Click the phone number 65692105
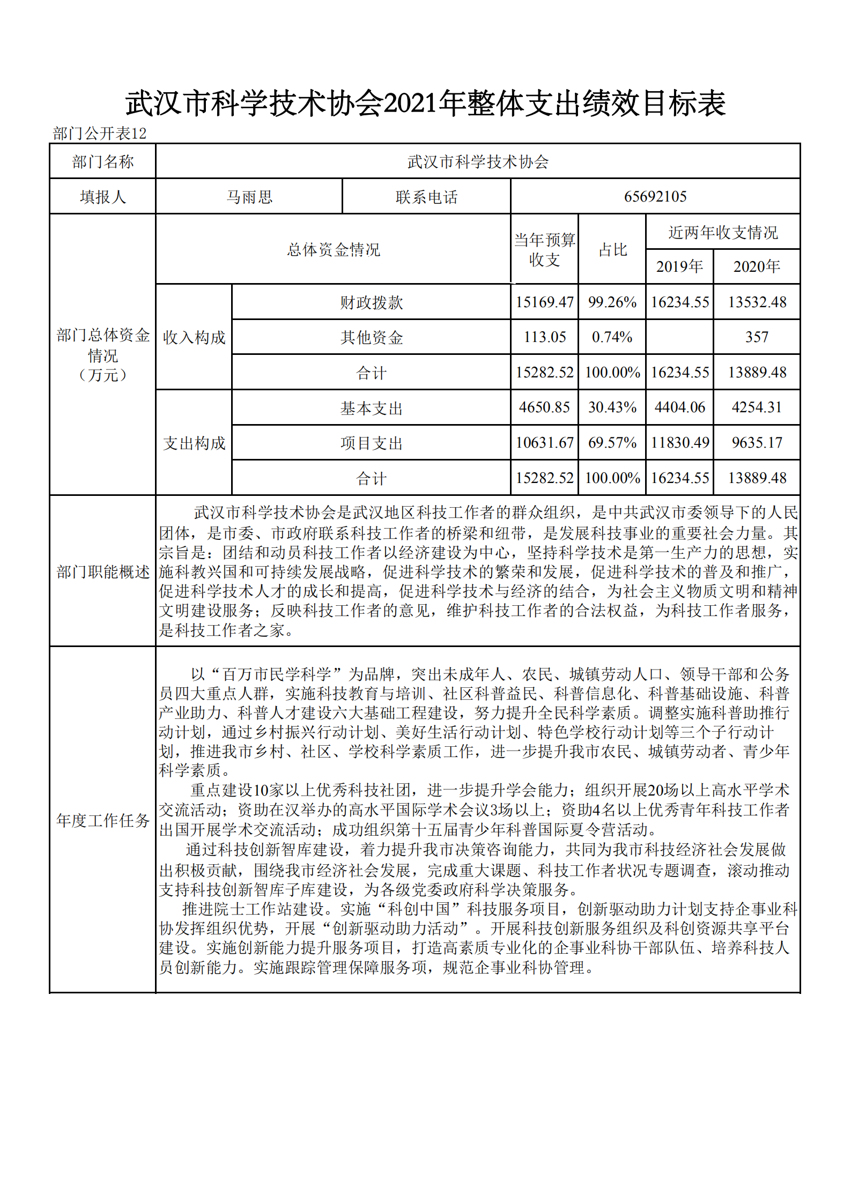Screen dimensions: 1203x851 [x=655, y=197]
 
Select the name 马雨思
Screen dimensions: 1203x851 [x=249, y=197]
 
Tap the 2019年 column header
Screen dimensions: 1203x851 [x=679, y=266]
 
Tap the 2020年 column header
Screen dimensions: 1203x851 [x=756, y=266]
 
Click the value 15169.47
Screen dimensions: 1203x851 [x=544, y=302]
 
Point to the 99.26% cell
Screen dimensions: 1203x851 [x=612, y=302]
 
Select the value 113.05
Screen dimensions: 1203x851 [x=544, y=337]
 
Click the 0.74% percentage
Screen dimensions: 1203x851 [x=612, y=337]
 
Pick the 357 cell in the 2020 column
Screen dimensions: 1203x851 [x=756, y=337]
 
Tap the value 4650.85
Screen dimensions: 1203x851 [x=544, y=407]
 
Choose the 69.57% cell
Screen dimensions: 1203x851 [x=612, y=443]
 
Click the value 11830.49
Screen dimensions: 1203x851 [x=679, y=443]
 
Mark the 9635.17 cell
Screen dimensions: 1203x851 [x=756, y=443]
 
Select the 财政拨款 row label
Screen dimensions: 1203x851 [x=371, y=303]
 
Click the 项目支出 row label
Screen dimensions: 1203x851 [x=371, y=443]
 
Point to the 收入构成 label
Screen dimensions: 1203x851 [x=194, y=338]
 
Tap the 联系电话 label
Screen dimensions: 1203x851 [x=426, y=197]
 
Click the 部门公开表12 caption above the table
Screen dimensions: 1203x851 [x=100, y=133]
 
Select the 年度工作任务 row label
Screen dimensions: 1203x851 [x=102, y=820]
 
